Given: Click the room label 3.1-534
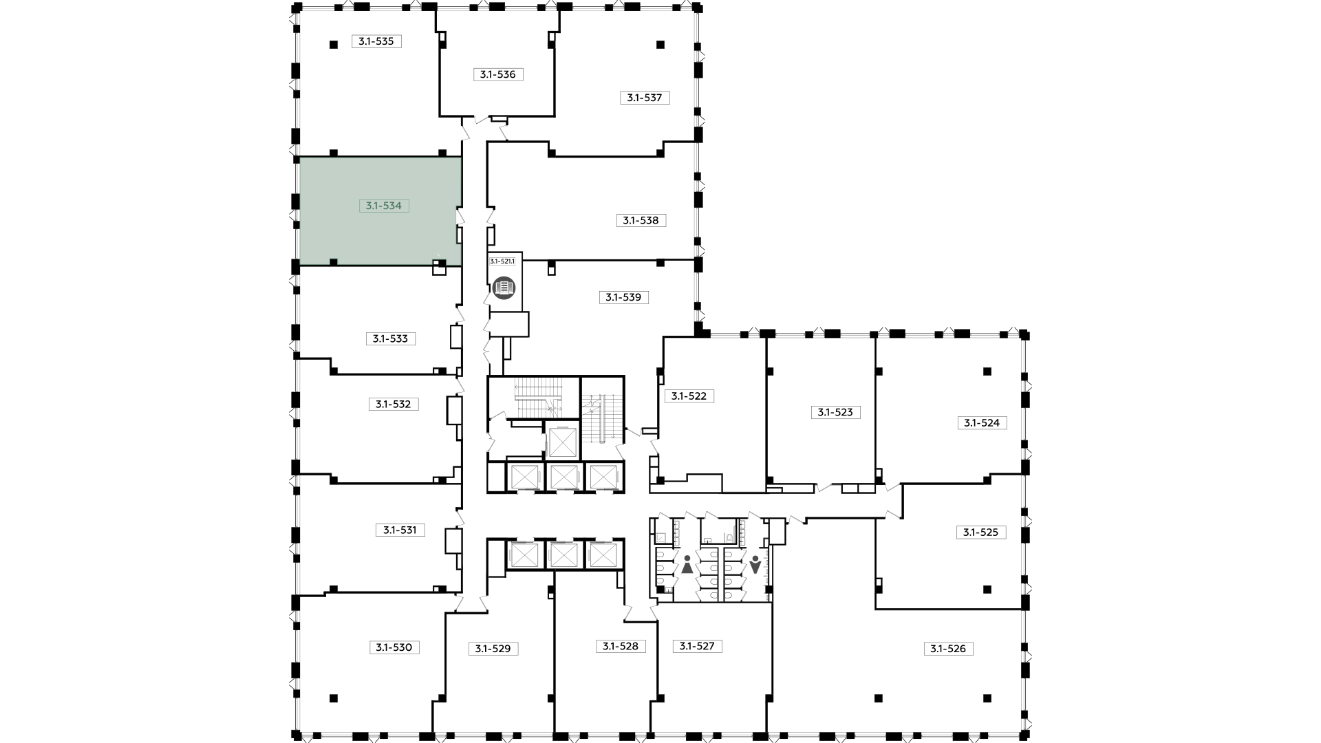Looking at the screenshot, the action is (384, 206).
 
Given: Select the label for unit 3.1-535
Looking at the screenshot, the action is (376, 41).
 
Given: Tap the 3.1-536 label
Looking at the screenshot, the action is (498, 74).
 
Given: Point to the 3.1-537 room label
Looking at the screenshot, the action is (645, 98).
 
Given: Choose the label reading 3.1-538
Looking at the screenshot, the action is (641, 221).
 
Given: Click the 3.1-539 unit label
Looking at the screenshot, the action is (623, 298).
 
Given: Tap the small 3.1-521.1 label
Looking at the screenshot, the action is (502, 261).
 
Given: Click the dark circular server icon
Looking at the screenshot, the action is (504, 286).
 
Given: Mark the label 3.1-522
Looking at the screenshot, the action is (689, 396).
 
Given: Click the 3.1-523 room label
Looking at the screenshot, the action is (835, 413).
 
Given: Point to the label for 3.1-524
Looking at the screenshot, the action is (982, 423).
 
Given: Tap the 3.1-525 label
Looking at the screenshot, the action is (980, 532).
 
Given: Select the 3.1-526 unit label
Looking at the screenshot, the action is (948, 649).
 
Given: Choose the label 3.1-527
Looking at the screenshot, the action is (697, 646).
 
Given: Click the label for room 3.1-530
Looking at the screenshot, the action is (394, 647).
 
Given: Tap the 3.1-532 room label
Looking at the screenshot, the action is (393, 405).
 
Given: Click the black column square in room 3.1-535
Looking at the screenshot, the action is (334, 45).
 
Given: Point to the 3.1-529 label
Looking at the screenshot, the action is (493, 649).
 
